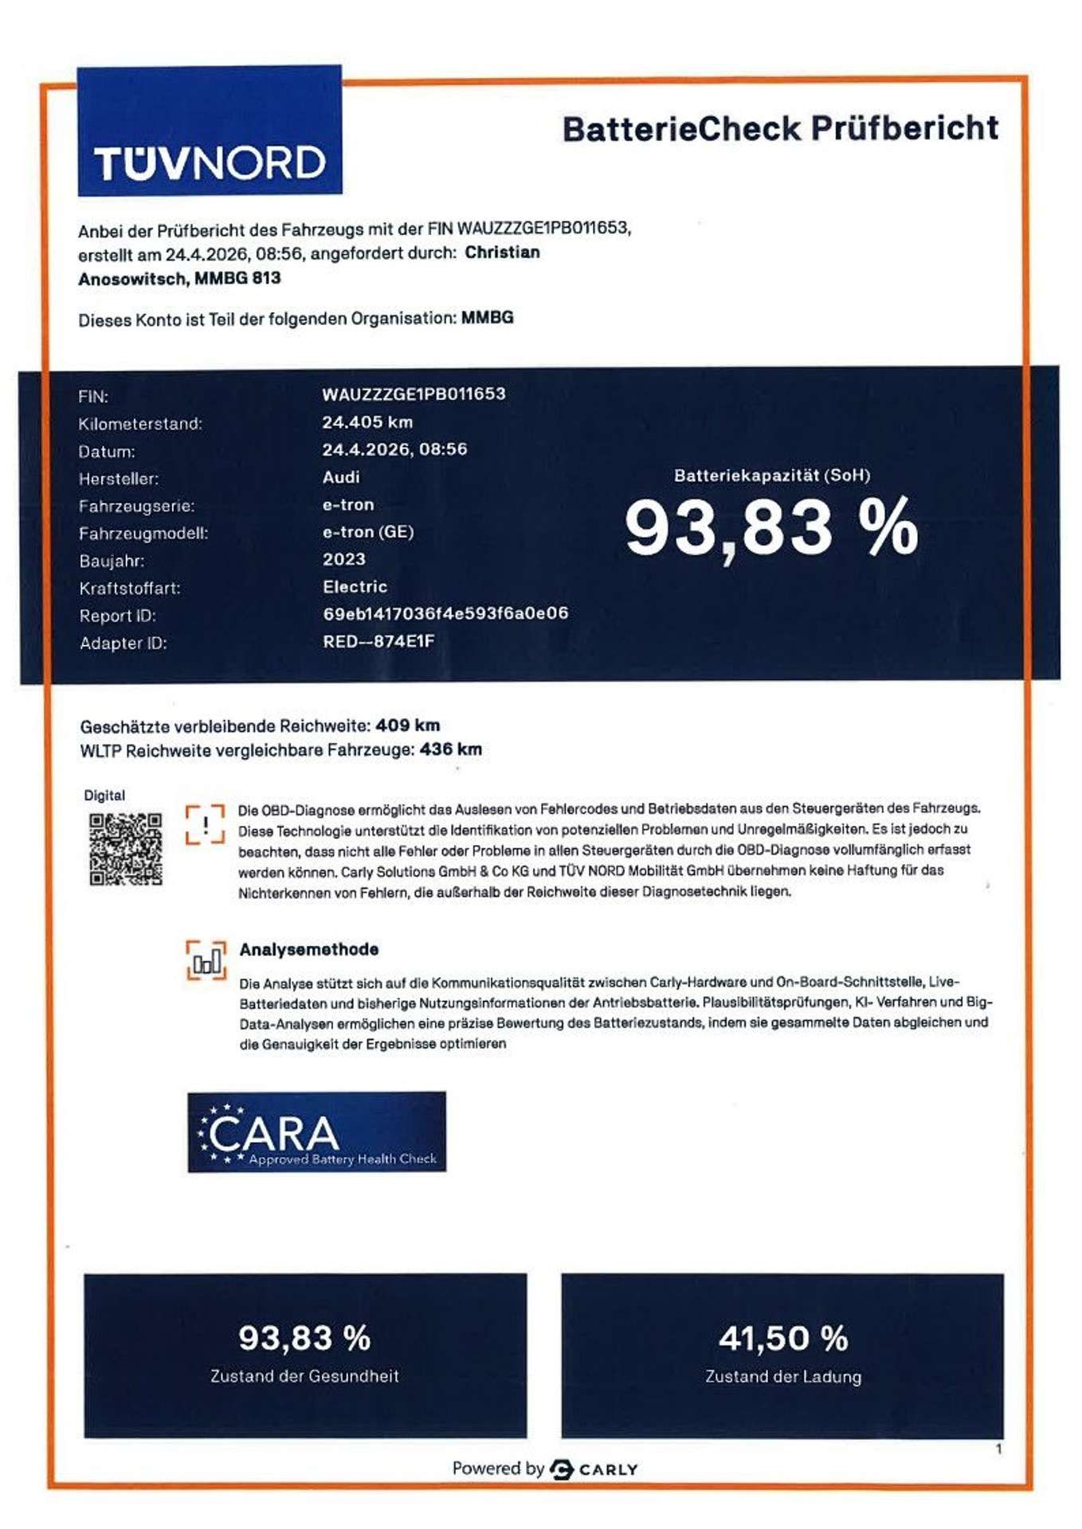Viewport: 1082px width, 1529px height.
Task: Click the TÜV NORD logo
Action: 210,131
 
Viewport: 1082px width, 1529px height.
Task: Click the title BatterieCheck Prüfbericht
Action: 780,128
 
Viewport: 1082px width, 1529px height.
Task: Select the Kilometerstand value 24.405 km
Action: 367,422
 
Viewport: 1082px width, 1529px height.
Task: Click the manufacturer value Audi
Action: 341,477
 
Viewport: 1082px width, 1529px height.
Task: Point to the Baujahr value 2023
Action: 344,559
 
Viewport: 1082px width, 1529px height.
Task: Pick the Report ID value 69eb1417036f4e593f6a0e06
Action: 445,613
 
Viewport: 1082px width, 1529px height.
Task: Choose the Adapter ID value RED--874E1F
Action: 378,641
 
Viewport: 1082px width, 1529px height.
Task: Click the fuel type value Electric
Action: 355,587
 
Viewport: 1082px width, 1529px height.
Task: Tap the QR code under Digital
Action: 126,849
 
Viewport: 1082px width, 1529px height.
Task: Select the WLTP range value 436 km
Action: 450,749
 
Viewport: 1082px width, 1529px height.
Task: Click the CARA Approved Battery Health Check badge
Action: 316,1132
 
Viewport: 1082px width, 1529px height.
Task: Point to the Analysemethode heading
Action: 309,949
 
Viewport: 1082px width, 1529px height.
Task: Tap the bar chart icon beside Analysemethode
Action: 206,960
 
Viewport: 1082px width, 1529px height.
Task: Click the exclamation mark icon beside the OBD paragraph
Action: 205,824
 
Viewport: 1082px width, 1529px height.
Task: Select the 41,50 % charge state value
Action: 782,1339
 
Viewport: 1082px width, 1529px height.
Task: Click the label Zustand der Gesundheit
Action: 304,1375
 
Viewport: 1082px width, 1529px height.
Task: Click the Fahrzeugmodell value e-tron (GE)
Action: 368,532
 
